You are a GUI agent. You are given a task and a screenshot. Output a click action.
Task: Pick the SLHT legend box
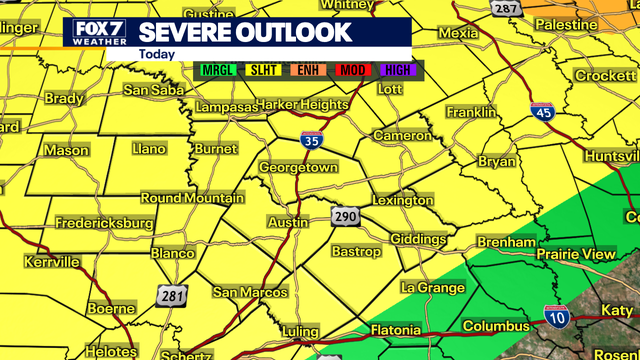265,71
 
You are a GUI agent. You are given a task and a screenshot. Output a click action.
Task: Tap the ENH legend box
308,71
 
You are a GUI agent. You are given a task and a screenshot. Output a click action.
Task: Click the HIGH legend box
396,71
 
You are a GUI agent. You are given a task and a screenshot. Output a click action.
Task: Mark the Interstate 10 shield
557,317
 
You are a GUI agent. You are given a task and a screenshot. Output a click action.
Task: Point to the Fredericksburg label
104,222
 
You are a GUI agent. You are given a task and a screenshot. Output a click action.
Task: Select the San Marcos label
250,292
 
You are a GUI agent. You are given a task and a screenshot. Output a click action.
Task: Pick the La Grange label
433,288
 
